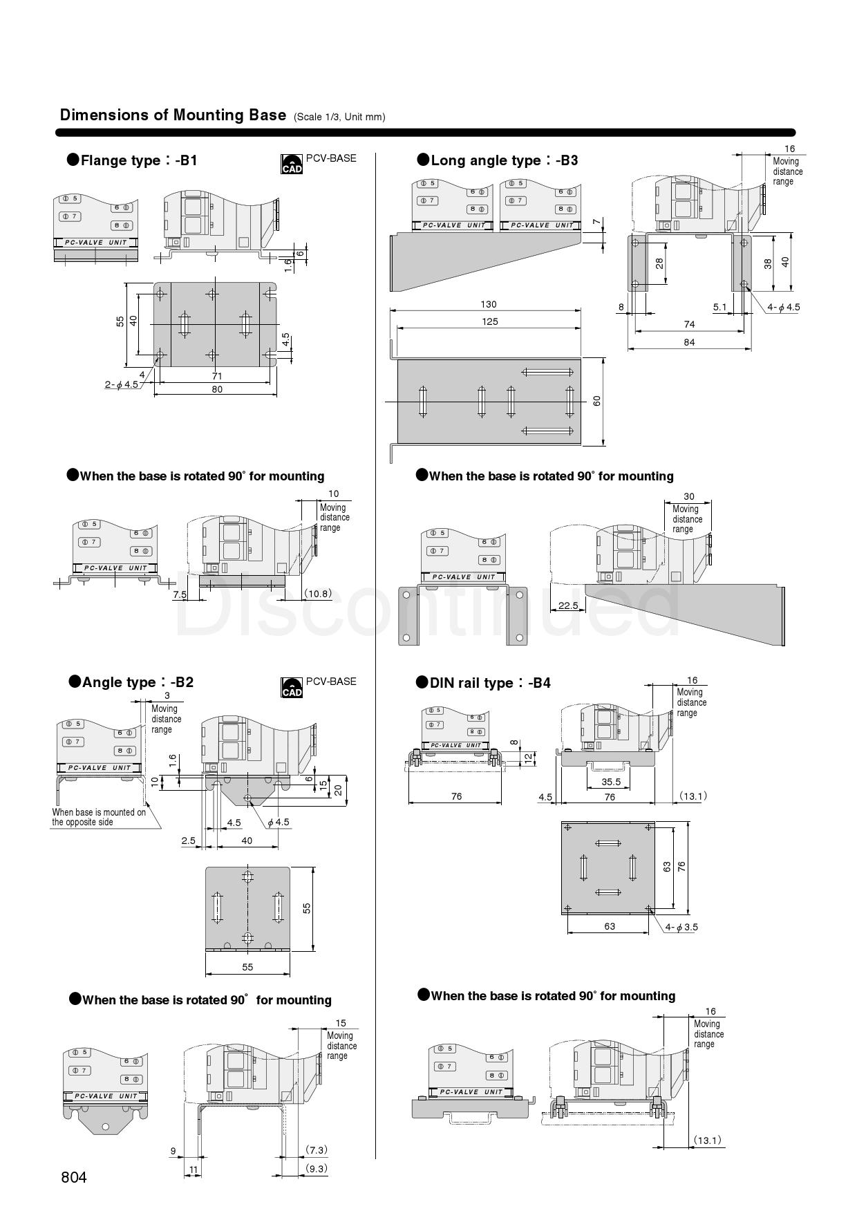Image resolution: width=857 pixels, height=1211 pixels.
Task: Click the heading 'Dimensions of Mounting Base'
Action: tap(173, 115)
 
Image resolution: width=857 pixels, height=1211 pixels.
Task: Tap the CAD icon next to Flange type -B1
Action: tap(292, 164)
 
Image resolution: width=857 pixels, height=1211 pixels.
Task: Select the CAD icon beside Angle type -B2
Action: tap(292, 688)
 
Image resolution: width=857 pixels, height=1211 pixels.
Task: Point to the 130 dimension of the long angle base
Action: tap(488, 304)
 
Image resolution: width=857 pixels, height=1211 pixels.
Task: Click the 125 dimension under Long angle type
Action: tap(489, 321)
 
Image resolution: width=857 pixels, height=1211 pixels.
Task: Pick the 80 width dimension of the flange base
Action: tap(217, 389)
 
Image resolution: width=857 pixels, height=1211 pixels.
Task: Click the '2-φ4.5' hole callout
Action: tap(122, 384)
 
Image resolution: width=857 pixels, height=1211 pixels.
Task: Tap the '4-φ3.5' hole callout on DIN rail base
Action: tap(681, 927)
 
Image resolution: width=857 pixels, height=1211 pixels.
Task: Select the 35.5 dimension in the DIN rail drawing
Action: tap(611, 782)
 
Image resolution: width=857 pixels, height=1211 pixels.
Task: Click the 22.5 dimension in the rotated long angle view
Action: tap(568, 605)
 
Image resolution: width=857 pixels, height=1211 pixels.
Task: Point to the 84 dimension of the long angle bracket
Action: tap(689, 342)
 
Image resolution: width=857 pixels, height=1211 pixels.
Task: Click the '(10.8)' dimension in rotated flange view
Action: tap(318, 593)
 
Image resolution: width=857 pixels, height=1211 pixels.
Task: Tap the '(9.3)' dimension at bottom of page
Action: tap(317, 1168)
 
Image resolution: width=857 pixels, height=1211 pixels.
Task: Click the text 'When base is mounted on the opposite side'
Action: tap(99, 817)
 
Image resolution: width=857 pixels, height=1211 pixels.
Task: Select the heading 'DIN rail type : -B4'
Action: tap(483, 683)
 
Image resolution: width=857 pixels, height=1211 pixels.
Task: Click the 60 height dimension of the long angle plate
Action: tap(596, 401)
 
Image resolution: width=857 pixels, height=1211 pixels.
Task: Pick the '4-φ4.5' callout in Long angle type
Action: tap(784, 307)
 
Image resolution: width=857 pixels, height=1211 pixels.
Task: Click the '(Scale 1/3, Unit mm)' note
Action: tap(339, 117)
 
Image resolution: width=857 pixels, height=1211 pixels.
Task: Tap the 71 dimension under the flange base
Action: tap(217, 376)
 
